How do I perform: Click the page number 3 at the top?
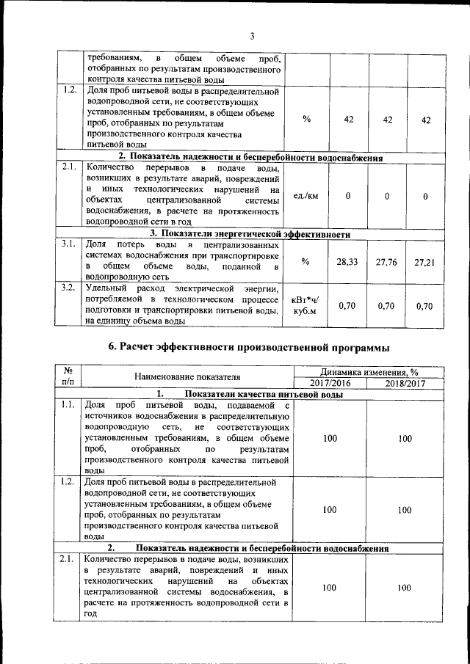pos(251,36)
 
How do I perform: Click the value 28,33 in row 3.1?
pos(347,261)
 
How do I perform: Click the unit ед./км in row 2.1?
pos(305,196)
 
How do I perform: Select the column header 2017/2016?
pos(329,384)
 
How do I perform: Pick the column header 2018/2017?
pos(405,384)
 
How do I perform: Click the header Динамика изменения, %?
pos(367,373)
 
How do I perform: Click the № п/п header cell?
pos(68,378)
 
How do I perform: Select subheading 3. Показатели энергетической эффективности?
pos(250,234)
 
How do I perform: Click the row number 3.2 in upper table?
pos(69,288)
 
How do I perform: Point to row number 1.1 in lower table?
pos(68,405)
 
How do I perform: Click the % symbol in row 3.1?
pos(305,261)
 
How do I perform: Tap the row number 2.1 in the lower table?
pos(68,559)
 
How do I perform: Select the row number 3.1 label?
pos(69,244)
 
